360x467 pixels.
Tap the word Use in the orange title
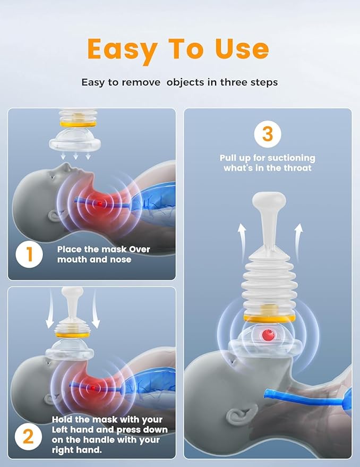[242, 48]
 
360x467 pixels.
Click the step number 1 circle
[29, 254]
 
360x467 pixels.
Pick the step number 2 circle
[28, 437]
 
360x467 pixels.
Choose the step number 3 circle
[268, 134]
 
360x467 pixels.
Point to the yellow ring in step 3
[269, 318]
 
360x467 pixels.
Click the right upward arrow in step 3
[298, 242]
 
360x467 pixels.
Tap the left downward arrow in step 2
[50, 309]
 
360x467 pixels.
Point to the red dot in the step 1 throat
[99, 203]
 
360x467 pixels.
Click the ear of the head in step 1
[55, 216]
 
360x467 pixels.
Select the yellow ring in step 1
[78, 124]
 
